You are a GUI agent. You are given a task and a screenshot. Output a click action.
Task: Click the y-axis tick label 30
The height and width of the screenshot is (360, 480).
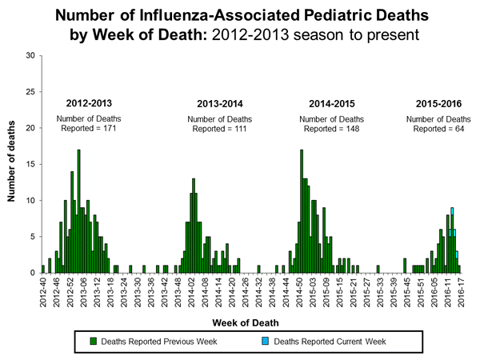tap(29, 56)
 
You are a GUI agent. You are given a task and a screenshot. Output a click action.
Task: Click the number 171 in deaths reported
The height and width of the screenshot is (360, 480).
tap(114, 128)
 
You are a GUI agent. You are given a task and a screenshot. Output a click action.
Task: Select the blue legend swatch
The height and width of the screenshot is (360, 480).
tap(265, 342)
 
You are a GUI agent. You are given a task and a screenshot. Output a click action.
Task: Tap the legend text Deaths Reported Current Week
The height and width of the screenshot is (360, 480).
tap(330, 342)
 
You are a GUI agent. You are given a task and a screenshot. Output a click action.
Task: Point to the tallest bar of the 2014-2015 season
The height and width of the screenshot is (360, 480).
tap(302, 210)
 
